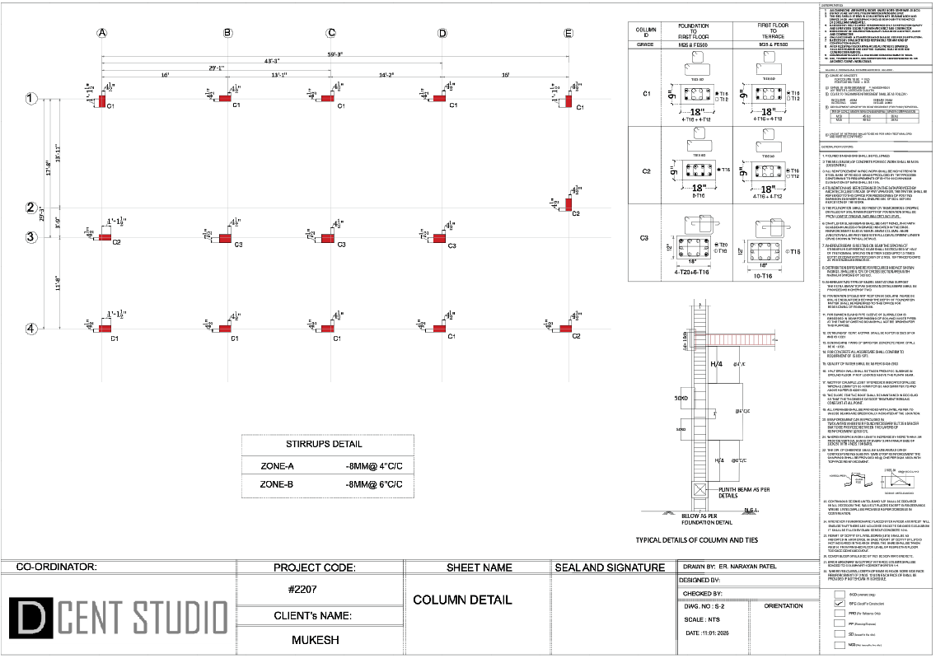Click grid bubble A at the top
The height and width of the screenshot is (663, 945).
pos(102,33)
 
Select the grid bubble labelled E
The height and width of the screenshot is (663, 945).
pos(568,33)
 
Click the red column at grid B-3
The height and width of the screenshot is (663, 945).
pos(224,238)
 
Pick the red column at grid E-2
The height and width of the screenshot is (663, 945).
pos(568,203)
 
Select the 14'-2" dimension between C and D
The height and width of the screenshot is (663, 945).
pos(387,75)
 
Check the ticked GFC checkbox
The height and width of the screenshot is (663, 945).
pos(840,603)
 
